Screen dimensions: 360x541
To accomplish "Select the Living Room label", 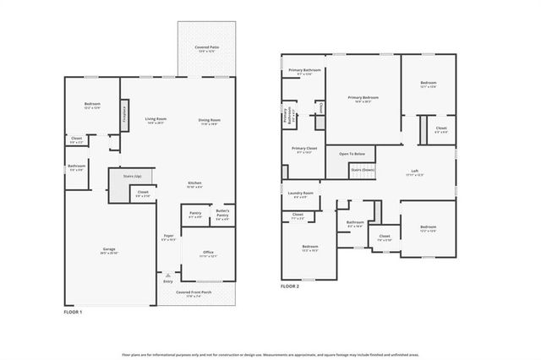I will (155, 119).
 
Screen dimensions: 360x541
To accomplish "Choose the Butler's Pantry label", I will (222, 211).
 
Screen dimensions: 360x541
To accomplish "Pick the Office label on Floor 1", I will (207, 253).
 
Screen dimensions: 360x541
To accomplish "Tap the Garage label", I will (110, 249).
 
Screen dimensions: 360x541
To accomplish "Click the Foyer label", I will (168, 237).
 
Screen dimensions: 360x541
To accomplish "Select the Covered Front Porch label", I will (194, 292).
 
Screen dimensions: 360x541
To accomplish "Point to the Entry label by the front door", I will (167, 281).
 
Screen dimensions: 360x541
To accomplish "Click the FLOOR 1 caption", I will (74, 313).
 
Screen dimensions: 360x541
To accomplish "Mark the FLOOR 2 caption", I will (290, 286).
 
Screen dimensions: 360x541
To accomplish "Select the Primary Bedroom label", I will (363, 97).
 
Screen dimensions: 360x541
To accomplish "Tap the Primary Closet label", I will (303, 149).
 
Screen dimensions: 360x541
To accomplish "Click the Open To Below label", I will (352, 153).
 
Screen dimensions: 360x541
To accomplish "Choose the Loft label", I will (414, 172).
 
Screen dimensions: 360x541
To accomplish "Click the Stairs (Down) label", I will (363, 169).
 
